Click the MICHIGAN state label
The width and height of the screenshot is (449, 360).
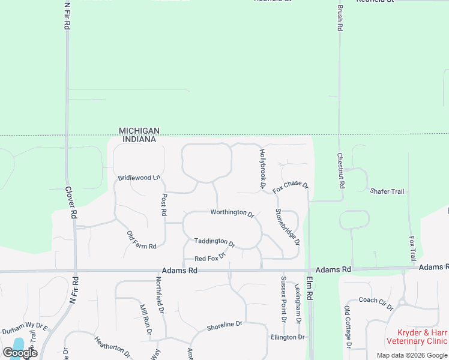tap(139, 131)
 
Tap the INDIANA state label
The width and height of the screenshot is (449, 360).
tap(139, 139)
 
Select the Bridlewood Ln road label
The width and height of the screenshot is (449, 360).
tap(139, 178)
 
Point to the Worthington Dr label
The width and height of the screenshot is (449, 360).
tap(232, 212)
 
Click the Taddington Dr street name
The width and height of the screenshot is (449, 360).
tap(214, 242)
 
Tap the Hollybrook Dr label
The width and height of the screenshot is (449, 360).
tap(262, 169)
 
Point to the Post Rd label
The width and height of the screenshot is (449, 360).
tap(164, 205)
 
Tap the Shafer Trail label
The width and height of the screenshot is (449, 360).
tap(387, 191)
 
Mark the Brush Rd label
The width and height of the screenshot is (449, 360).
tap(340, 19)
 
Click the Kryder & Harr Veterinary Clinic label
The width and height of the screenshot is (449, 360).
tap(421, 337)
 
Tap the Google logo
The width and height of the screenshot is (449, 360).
tap(20, 353)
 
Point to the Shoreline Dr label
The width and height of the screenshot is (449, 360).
tap(224, 326)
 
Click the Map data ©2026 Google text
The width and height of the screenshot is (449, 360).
tap(411, 355)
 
